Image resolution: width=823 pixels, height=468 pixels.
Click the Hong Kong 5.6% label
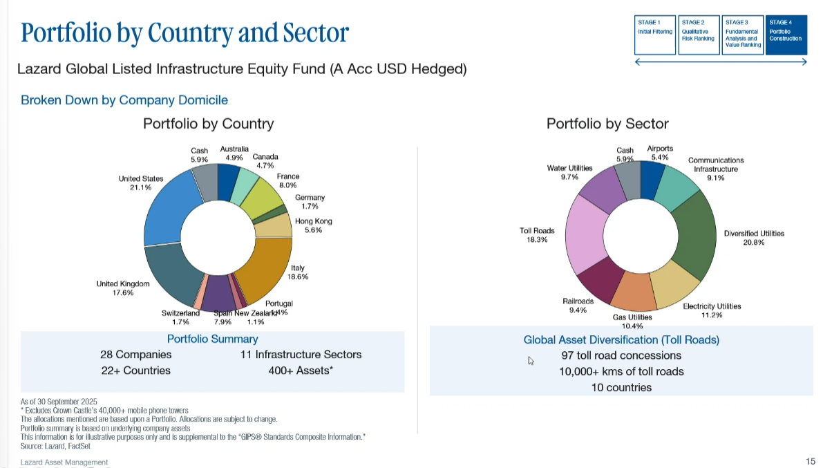(x=314, y=225)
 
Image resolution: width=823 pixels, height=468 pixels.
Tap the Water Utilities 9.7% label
(x=569, y=173)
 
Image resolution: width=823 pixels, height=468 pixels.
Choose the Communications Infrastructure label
(x=716, y=165)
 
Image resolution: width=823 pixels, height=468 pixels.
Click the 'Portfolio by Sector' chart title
(x=607, y=124)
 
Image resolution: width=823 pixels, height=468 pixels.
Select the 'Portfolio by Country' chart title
(x=208, y=124)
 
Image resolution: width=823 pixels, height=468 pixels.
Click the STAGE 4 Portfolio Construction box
(x=786, y=35)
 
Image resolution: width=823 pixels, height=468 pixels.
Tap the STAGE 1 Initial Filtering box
(x=654, y=35)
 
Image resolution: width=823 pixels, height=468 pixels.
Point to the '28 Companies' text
(x=136, y=355)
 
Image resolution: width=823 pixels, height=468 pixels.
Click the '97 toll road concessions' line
(x=621, y=355)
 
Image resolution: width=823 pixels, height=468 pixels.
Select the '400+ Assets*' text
(x=301, y=371)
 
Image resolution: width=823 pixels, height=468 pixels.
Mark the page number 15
(x=811, y=461)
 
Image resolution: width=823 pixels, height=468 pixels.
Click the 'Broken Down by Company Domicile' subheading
(x=124, y=100)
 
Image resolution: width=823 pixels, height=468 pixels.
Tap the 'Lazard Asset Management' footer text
(x=64, y=462)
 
